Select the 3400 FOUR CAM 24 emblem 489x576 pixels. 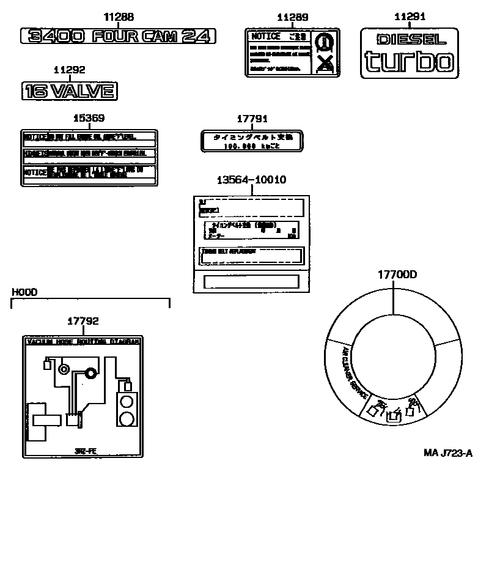point(119,37)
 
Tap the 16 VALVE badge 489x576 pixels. point(70,92)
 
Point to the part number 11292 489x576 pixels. point(69,70)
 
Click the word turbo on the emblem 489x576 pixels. point(409,61)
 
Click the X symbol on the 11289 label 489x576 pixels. point(325,62)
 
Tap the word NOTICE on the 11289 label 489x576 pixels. point(265,37)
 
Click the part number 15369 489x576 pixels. point(89,118)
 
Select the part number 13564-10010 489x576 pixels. point(251,180)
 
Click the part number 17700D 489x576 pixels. point(397,275)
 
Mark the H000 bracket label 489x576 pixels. point(24,292)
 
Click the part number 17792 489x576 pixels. point(83,320)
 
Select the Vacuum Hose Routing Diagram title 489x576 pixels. point(83,341)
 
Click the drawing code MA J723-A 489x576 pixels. point(448,453)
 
